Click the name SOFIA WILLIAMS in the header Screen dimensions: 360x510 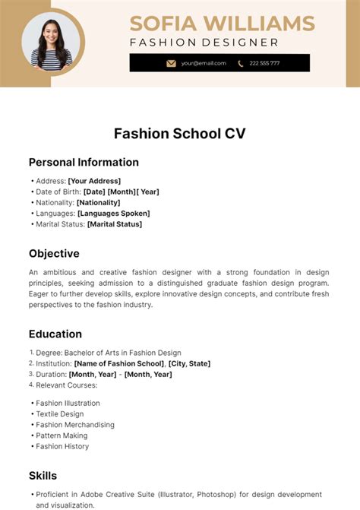tap(222, 23)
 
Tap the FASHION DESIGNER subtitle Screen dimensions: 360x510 tap(204, 43)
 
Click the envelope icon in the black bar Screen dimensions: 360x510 tap(171, 63)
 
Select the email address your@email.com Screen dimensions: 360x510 tap(203, 63)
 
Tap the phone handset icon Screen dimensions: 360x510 tap(241, 63)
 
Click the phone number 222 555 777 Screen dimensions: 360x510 tap(264, 63)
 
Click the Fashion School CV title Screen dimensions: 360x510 tap(180, 134)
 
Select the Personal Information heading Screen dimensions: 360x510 tap(84, 162)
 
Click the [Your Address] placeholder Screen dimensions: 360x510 tap(94, 181)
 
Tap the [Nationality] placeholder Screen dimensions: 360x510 tap(98, 202)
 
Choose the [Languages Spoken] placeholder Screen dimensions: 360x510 tap(114, 214)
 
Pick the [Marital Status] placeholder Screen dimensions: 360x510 tap(114, 224)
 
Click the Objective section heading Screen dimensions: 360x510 tap(54, 253)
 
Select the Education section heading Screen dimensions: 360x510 tap(55, 334)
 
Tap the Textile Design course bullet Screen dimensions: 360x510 tap(60, 414)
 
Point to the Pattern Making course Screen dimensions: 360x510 tap(62, 436)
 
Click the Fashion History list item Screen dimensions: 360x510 tap(62, 446)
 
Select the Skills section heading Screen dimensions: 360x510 tap(43, 476)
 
